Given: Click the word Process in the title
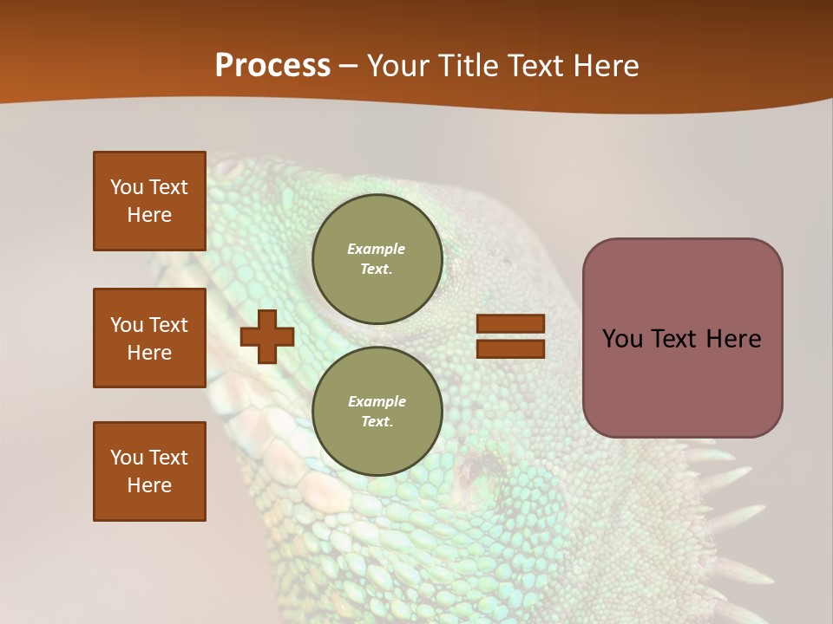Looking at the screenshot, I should (x=272, y=66).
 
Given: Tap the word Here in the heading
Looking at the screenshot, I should (x=605, y=66).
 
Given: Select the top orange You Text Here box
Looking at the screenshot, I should (x=149, y=201).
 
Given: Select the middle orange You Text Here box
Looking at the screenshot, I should (x=149, y=338).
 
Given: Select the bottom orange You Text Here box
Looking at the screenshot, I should (x=149, y=471).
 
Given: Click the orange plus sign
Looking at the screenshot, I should (x=267, y=338).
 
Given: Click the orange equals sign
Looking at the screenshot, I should (x=510, y=336).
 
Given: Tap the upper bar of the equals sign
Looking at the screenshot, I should (x=510, y=324).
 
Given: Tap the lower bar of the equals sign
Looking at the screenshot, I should (x=510, y=348).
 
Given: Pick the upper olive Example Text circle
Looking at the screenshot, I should (x=377, y=259).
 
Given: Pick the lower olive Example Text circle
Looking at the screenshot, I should (x=377, y=412).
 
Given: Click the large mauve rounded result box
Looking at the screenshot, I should (x=682, y=381).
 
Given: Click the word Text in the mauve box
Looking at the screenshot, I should (x=675, y=339).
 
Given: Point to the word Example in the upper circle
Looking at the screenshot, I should (x=377, y=249).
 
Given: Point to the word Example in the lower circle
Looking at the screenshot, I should (x=377, y=401).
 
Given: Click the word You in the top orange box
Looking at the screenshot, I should (x=127, y=187).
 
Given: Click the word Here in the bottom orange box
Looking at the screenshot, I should (x=149, y=485).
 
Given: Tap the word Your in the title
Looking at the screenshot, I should (x=399, y=66).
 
